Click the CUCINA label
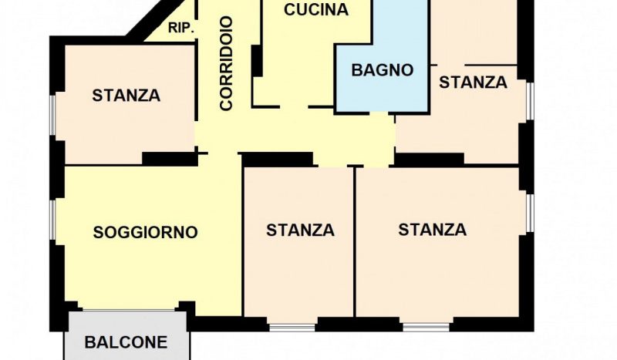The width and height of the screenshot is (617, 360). [x=316, y=10]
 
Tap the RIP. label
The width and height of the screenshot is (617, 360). [x=181, y=29]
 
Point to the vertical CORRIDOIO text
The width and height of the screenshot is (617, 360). [x=227, y=63]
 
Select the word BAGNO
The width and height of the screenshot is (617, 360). [x=382, y=70]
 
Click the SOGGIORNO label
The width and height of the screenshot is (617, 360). [x=145, y=232]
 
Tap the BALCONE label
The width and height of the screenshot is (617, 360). [x=126, y=342]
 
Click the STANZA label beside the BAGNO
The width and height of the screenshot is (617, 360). [x=473, y=82]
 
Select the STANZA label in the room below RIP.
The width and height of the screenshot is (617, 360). [x=126, y=96]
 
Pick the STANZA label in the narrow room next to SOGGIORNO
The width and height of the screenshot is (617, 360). [x=300, y=230]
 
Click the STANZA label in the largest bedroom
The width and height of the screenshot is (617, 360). [x=433, y=230]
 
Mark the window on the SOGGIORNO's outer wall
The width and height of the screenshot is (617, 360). [x=52, y=220]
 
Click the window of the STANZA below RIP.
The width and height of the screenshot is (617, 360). [x=52, y=115]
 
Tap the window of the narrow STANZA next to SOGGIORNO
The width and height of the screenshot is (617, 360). [x=292, y=328]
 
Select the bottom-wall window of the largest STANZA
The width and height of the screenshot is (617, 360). [x=427, y=327]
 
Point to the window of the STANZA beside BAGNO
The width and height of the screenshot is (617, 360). [x=530, y=101]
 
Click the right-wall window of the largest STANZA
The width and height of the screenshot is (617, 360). [x=530, y=213]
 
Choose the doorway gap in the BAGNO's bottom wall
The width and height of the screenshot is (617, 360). [x=379, y=114]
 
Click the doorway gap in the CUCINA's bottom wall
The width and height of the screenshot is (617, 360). [x=294, y=106]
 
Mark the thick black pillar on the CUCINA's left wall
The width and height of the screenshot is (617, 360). [x=257, y=61]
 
